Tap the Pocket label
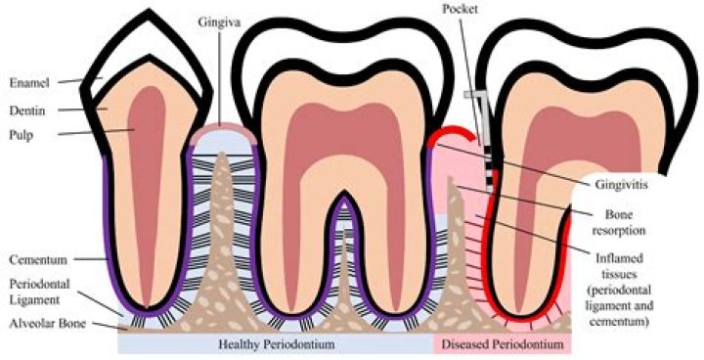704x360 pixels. point(460,9)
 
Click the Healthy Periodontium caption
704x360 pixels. point(276,344)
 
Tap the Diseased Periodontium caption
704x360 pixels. point(502,344)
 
